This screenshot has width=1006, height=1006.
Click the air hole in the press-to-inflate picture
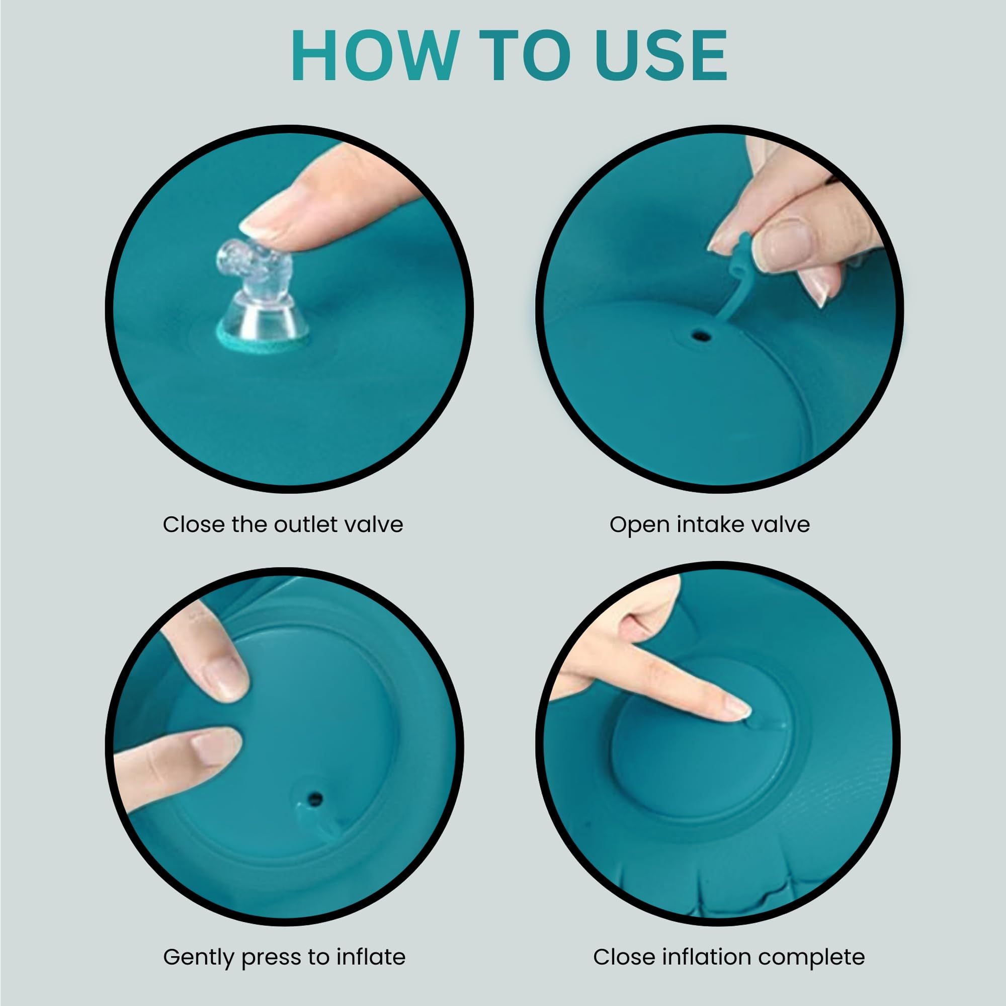(315, 798)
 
